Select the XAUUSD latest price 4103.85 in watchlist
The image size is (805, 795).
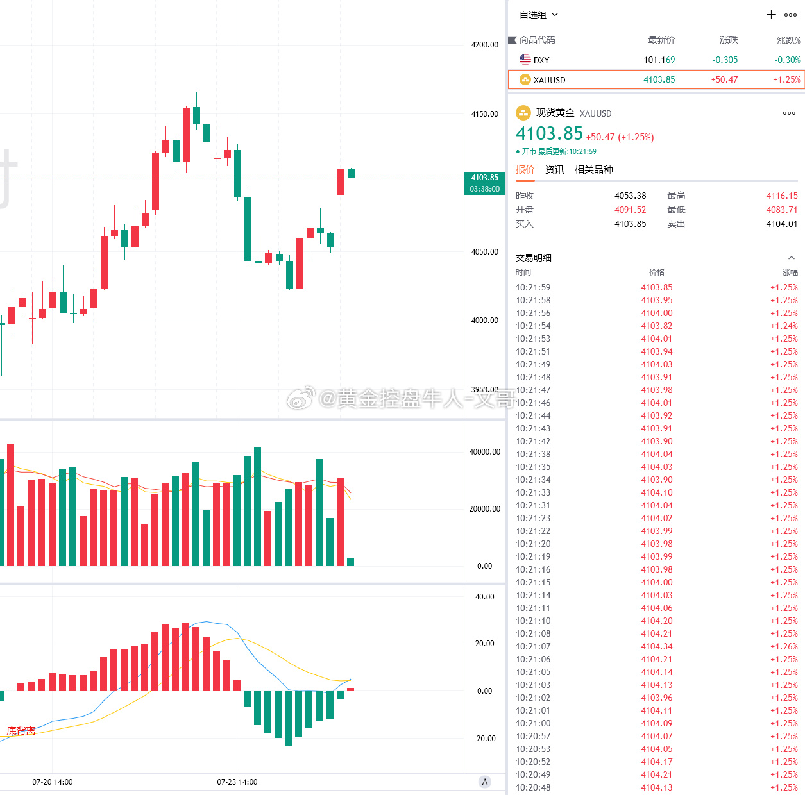[659, 79]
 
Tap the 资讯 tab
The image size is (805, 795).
[554, 169]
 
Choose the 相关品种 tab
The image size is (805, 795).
[593, 169]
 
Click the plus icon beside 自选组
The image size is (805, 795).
[771, 15]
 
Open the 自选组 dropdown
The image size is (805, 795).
[538, 15]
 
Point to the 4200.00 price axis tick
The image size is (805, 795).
[484, 45]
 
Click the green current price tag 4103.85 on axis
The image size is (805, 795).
[484, 183]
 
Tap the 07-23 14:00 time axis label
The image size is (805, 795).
[237, 782]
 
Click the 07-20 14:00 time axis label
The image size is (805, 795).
[52, 782]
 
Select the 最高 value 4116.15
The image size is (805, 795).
[782, 196]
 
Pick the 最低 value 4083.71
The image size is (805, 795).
[782, 210]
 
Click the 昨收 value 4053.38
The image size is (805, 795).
[630, 196]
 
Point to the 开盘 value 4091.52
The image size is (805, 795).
[630, 210]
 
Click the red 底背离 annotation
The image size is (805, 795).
[21, 731]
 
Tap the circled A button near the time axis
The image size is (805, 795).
[484, 782]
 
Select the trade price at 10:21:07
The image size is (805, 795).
[657, 646]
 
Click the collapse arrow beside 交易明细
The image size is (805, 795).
[792, 258]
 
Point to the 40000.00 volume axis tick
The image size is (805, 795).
[484, 452]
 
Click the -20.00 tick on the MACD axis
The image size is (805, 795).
[484, 738]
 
